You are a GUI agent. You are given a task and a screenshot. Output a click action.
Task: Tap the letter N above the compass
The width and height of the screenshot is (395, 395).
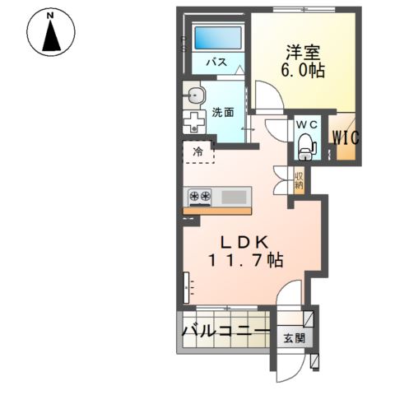pyautogui.click(x=52, y=15)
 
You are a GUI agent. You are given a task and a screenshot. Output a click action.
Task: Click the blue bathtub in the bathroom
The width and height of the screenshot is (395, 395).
pyautogui.click(x=217, y=38)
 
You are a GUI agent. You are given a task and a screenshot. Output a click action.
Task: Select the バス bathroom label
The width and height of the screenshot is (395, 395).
pyautogui.click(x=216, y=63)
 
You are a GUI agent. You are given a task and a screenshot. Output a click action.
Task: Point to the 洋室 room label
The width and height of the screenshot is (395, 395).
pyautogui.click(x=300, y=52)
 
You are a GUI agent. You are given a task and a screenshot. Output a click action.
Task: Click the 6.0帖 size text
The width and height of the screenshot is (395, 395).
pyautogui.click(x=303, y=71)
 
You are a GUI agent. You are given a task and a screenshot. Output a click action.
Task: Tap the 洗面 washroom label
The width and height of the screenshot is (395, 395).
pyautogui.click(x=222, y=112)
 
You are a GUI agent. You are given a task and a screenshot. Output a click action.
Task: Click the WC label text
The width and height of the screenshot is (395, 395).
pyautogui.click(x=306, y=124)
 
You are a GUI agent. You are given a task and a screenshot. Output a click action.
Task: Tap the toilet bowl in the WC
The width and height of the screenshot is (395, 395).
pyautogui.click(x=306, y=146)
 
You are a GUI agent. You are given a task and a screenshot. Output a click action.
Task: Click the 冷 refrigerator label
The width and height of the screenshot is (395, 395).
pyautogui.click(x=197, y=151)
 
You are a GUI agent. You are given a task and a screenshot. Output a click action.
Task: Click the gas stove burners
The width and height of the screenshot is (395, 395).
pyautogui.click(x=201, y=197)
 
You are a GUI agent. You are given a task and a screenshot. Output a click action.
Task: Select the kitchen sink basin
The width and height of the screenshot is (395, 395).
pyautogui.click(x=234, y=197)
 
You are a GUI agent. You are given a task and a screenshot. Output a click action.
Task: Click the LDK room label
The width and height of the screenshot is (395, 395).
pyautogui.click(x=242, y=242)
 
